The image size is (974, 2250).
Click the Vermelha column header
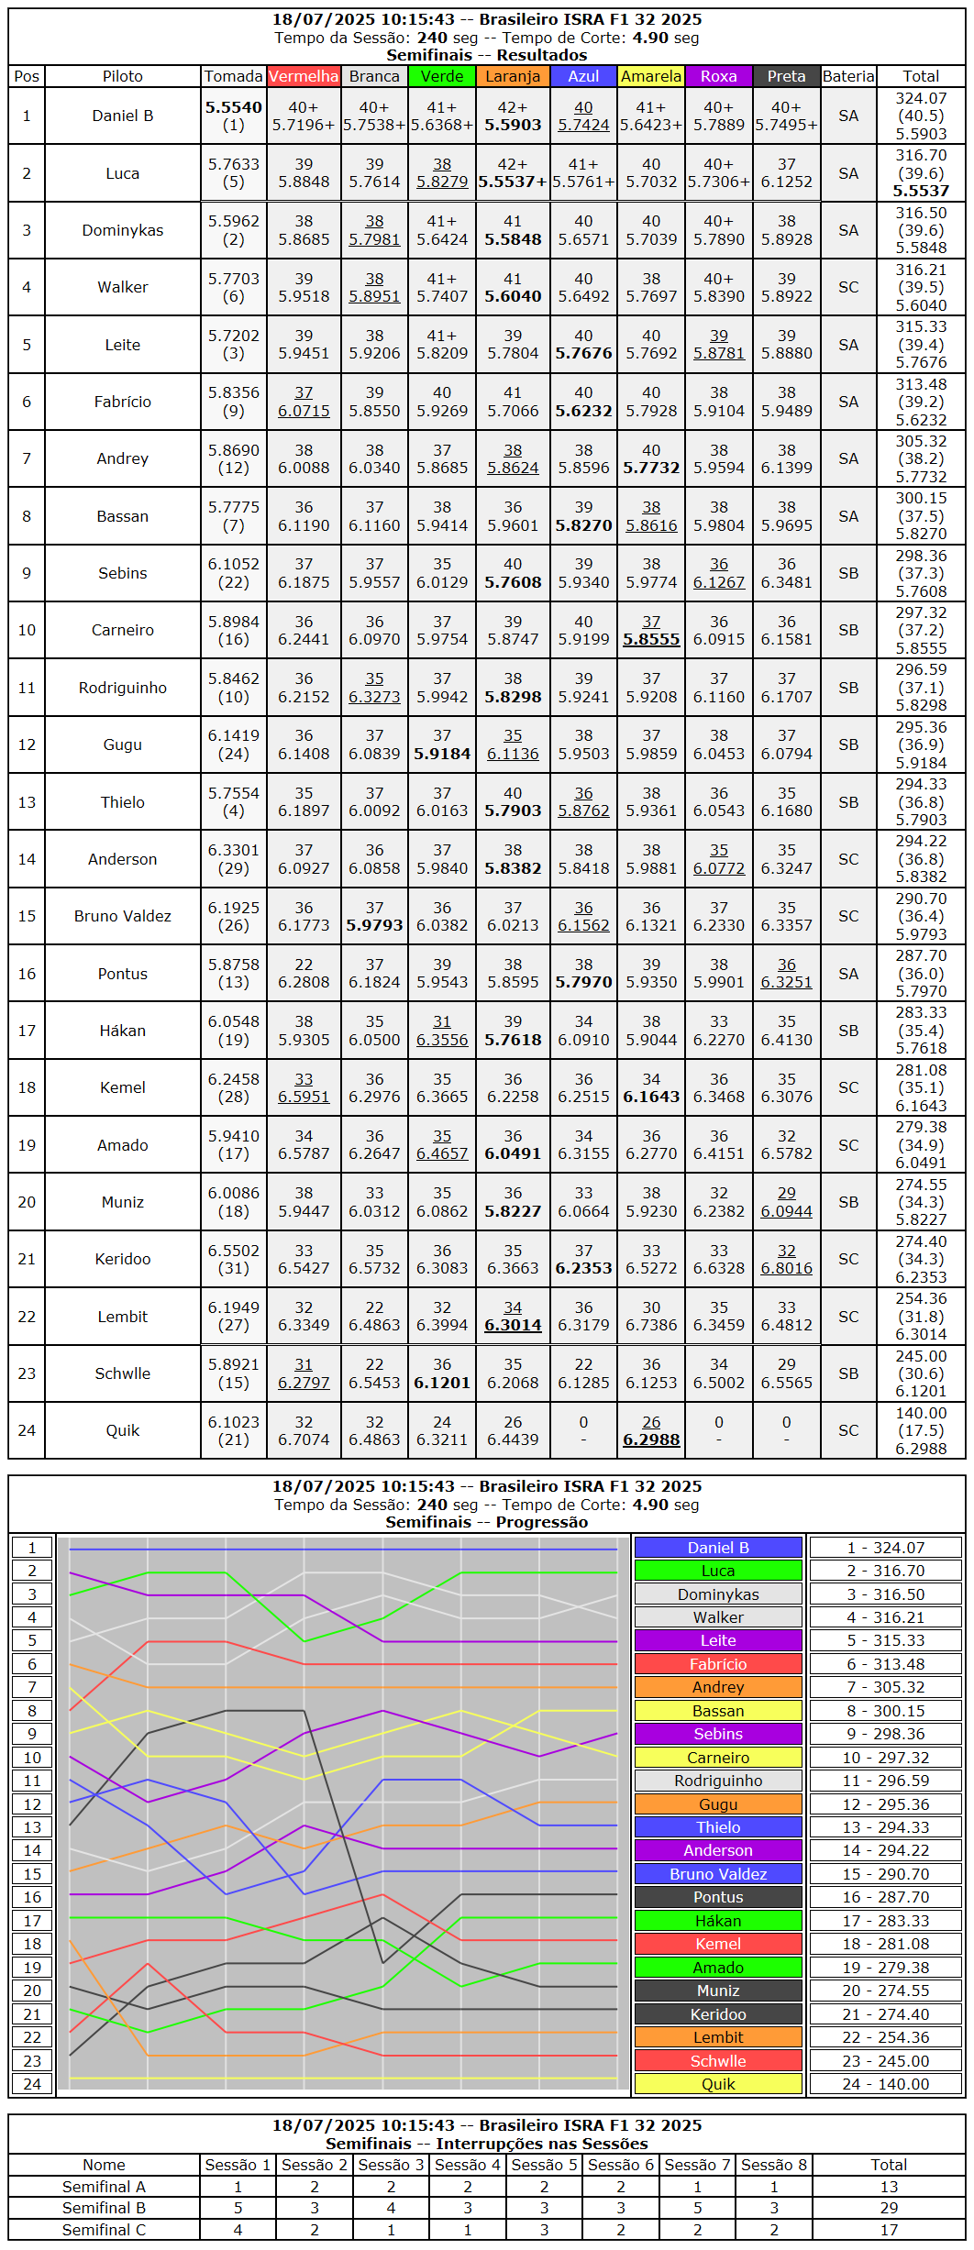click(x=304, y=76)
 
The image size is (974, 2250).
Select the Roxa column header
click(x=718, y=76)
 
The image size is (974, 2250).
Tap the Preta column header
click(x=786, y=76)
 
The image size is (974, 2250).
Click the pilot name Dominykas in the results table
click(x=122, y=230)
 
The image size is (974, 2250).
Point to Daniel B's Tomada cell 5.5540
click(x=233, y=108)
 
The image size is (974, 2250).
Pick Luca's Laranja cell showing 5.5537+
click(x=513, y=182)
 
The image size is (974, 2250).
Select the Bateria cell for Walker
click(x=848, y=287)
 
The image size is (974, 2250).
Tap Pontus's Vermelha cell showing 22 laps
click(x=304, y=973)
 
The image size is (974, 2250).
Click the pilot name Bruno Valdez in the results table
click(x=122, y=916)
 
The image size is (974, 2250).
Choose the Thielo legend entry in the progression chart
click(x=718, y=1827)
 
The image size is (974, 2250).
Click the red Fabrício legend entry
click(x=718, y=1664)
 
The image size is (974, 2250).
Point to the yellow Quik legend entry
click(x=718, y=2084)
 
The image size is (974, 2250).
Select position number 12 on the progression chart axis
click(x=32, y=1804)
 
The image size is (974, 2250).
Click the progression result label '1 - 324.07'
click(x=886, y=1548)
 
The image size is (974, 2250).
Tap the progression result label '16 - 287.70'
click(x=886, y=1897)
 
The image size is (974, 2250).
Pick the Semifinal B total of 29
click(x=889, y=2208)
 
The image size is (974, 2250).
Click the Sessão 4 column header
click(x=468, y=2165)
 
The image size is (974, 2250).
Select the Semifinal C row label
click(x=104, y=2230)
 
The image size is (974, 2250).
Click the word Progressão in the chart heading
click(x=541, y=1522)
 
